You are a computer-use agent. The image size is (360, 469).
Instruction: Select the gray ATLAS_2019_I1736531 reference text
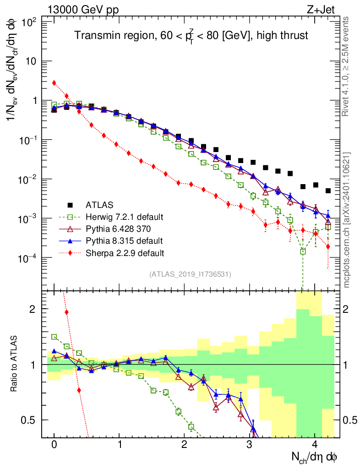point(190,274)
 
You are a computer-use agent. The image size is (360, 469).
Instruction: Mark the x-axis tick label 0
point(54,445)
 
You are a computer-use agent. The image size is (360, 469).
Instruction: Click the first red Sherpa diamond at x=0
point(54,83)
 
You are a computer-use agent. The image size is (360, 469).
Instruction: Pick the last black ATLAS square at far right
point(328,191)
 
